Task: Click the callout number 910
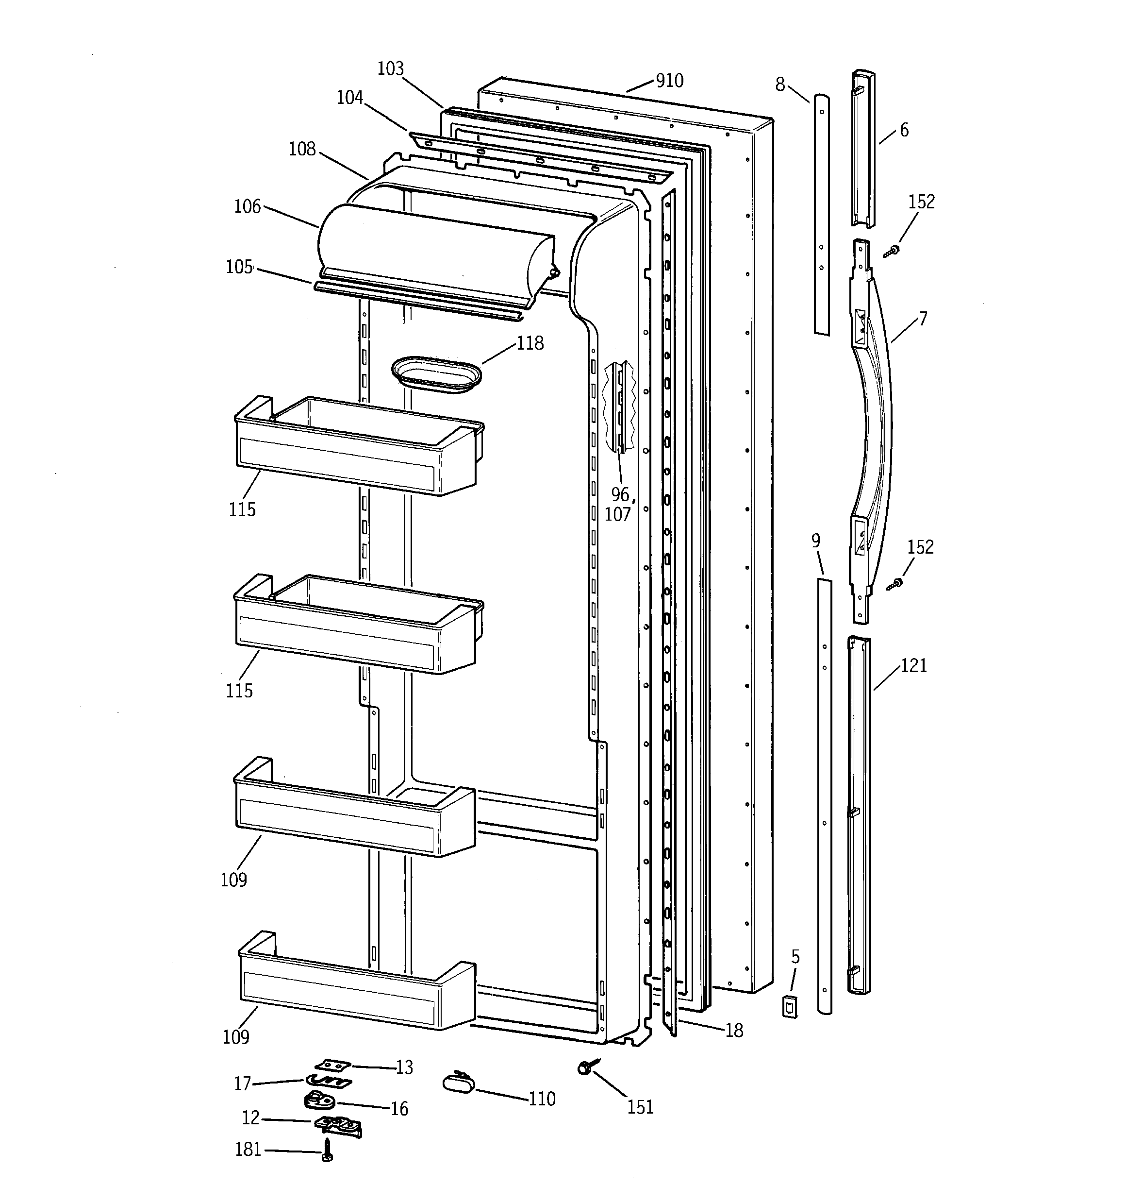click(x=669, y=81)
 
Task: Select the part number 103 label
click(x=390, y=69)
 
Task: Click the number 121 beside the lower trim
click(x=913, y=666)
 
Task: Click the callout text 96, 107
click(x=619, y=504)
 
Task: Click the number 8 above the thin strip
click(x=780, y=85)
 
